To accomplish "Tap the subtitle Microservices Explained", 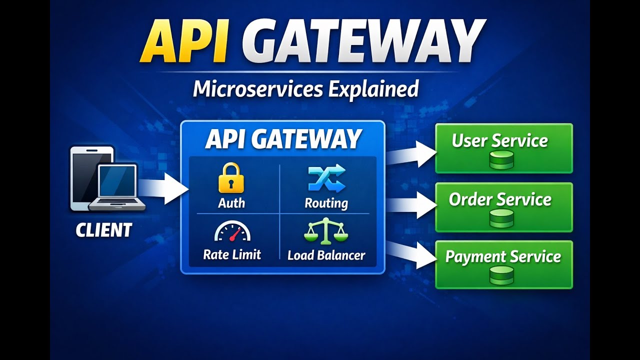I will [x=305, y=88].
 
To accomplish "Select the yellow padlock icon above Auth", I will [x=231, y=178].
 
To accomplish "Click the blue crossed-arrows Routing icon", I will [x=326, y=178].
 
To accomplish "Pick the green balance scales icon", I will [x=326, y=231].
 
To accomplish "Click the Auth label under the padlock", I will [x=231, y=203].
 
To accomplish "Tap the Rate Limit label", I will [x=232, y=254].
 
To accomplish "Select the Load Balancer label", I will [x=326, y=255].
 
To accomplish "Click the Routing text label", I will [x=326, y=203].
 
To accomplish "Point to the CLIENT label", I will [x=103, y=230].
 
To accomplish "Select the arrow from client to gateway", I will [x=162, y=188].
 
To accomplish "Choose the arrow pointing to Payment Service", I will [x=411, y=254].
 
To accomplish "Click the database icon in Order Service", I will [x=501, y=218].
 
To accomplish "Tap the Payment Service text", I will [x=503, y=257].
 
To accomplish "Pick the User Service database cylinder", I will [x=501, y=160].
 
